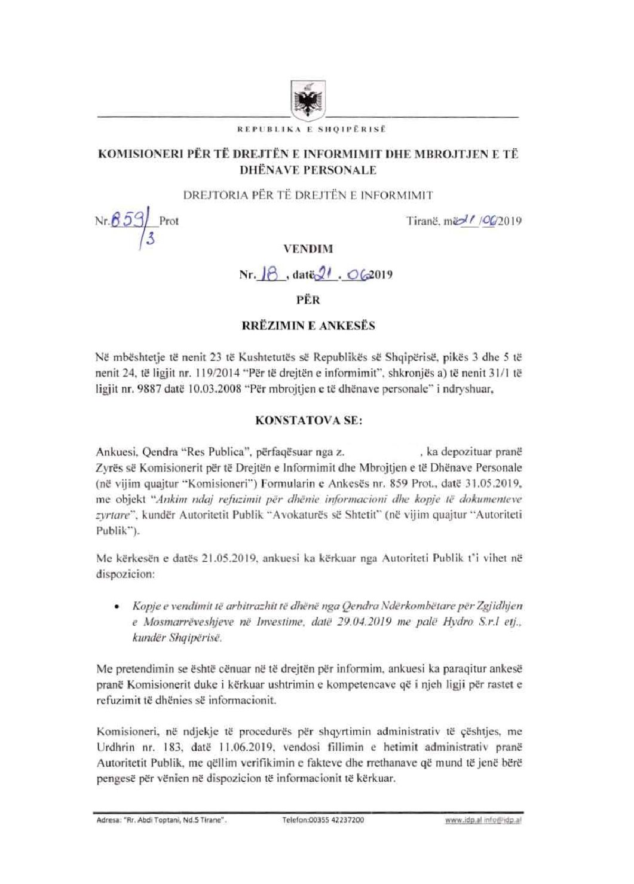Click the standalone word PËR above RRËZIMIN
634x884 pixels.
[x=308, y=300]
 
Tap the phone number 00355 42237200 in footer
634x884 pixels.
[x=323, y=821]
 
